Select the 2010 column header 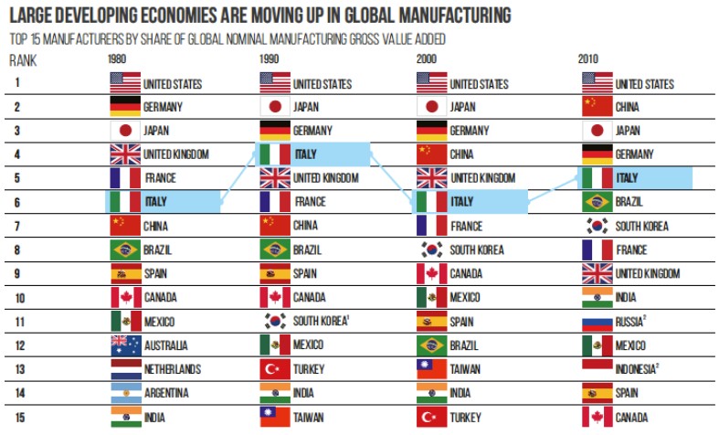point(590,59)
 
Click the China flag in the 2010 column point(597,106)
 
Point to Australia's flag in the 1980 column point(123,345)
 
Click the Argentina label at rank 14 point(167,392)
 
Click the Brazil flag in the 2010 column point(597,201)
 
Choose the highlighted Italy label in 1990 point(305,154)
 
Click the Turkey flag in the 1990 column point(274,368)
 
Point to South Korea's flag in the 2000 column point(430,249)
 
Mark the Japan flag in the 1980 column point(123,130)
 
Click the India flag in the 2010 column point(597,296)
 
